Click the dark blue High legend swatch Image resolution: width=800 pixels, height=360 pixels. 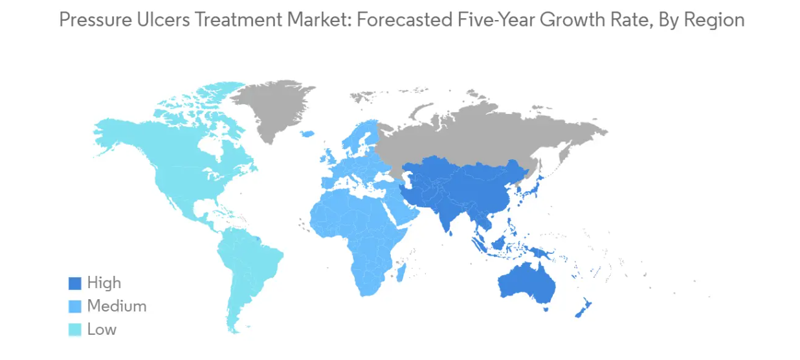(x=75, y=283)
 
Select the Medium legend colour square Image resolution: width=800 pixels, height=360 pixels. (x=75, y=306)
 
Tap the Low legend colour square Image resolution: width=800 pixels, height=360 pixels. (x=75, y=330)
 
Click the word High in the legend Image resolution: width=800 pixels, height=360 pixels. (x=104, y=283)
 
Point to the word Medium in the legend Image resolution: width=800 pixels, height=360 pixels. (x=117, y=306)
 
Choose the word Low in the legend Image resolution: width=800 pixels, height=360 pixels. (x=102, y=330)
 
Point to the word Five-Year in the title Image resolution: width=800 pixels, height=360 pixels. (x=499, y=19)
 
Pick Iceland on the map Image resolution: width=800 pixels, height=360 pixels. (x=307, y=133)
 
